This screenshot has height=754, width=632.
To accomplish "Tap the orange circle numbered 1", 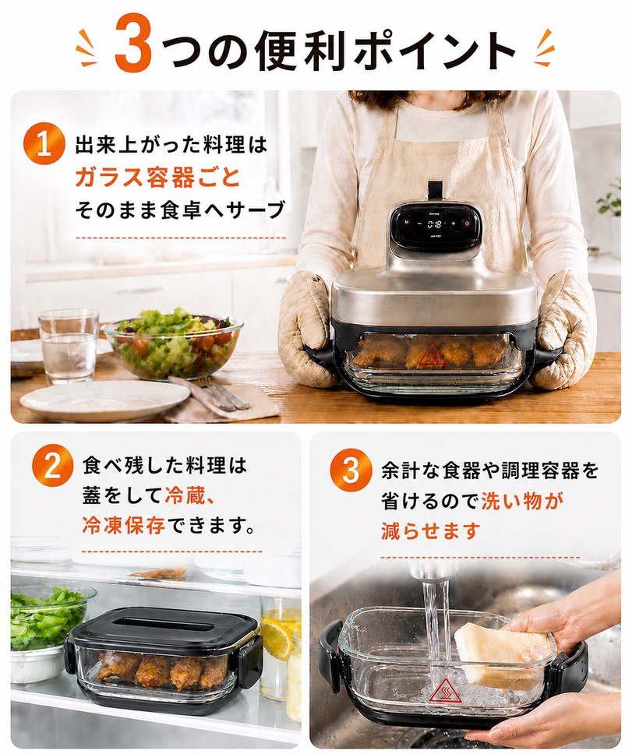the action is [44, 145].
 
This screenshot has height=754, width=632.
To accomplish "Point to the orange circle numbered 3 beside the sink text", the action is [351, 470].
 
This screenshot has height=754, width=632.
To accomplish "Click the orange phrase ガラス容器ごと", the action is [157, 177].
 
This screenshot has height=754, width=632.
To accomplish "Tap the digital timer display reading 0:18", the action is [435, 224].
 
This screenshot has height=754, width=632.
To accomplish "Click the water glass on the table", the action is [69, 345].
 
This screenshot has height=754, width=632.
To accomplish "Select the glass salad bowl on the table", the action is [171, 344].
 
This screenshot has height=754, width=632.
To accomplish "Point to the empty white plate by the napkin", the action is [104, 400].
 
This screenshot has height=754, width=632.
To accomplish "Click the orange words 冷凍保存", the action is [124, 525].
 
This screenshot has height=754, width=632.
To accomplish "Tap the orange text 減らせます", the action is [430, 531].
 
